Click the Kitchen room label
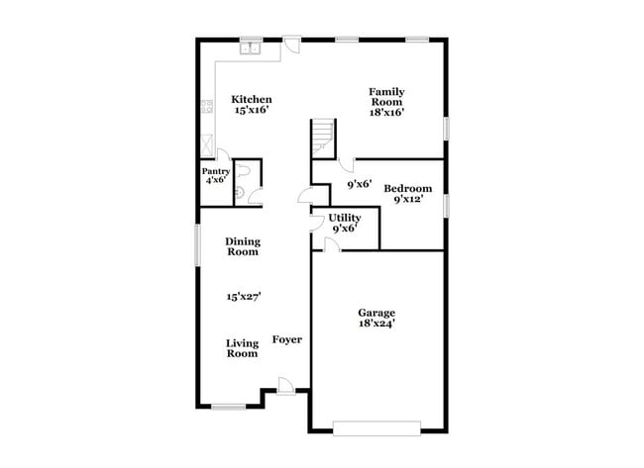(x=252, y=100)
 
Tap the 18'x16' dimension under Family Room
(x=387, y=112)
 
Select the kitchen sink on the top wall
(x=251, y=47)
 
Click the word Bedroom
(x=408, y=188)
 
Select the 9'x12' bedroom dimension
(x=408, y=199)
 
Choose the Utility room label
(x=345, y=218)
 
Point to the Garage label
(x=376, y=312)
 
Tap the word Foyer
(x=287, y=340)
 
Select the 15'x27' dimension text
(x=243, y=295)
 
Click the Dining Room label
(x=242, y=246)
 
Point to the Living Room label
(x=242, y=348)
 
